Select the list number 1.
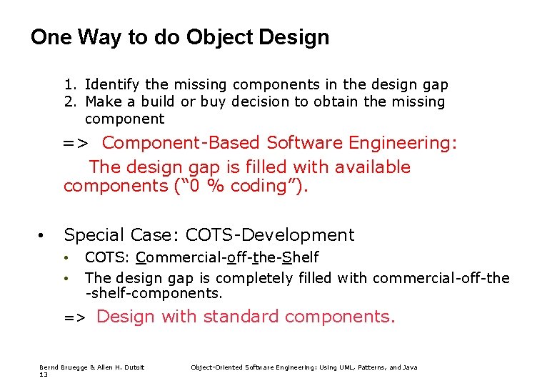coord(69,85)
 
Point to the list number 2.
coord(69,102)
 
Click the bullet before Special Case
coord(43,235)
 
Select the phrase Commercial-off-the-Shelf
coord(227,257)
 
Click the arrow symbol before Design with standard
coord(75,317)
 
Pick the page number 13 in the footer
coord(42,374)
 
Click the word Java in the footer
coord(410,367)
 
